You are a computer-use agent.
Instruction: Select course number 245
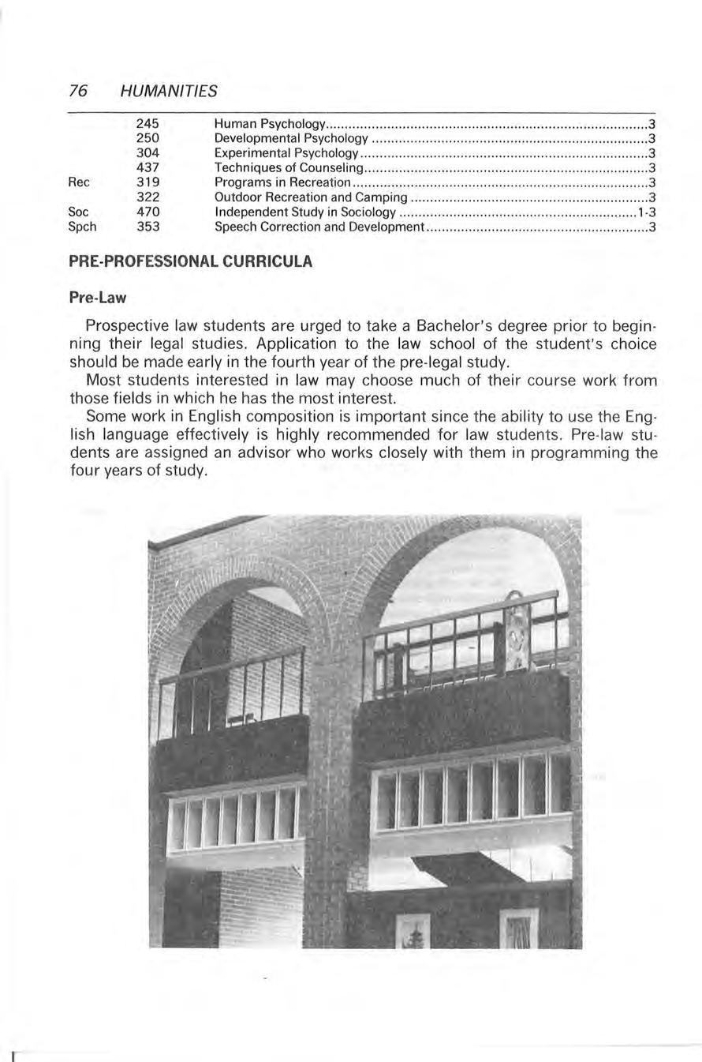(147, 124)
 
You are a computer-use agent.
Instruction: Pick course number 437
(147, 168)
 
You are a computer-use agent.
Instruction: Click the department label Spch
(83, 227)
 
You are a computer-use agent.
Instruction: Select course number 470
(147, 212)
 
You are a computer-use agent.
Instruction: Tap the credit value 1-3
(647, 212)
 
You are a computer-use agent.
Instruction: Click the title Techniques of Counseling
(288, 168)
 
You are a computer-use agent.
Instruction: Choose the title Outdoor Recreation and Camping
(311, 197)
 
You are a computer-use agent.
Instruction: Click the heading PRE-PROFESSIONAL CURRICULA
(191, 261)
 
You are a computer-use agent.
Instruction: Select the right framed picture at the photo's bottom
(518, 929)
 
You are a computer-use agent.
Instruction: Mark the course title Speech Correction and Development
(319, 227)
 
